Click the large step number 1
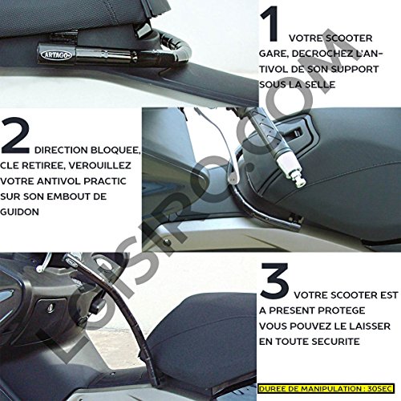click(x=270, y=25)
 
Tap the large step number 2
click(x=15, y=136)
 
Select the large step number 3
click(x=274, y=281)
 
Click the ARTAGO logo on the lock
click(x=56, y=55)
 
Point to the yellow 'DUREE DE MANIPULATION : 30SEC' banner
click(x=326, y=388)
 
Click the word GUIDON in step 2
click(x=19, y=212)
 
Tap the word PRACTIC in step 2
click(x=105, y=181)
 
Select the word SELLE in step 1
click(x=320, y=85)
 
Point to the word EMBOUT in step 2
click(x=65, y=196)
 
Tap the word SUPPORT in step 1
click(x=354, y=69)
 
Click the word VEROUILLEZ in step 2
click(x=99, y=165)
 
